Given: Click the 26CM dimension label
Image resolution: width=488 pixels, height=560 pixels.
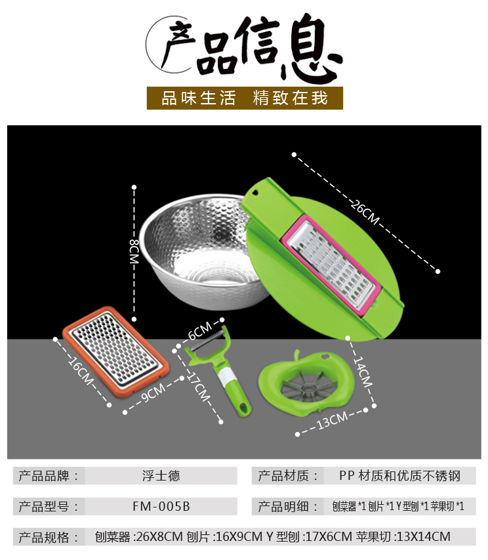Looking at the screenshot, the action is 365,213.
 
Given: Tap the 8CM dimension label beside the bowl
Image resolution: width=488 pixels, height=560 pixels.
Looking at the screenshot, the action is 134,251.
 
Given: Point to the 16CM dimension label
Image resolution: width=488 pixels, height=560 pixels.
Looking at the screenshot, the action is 81,371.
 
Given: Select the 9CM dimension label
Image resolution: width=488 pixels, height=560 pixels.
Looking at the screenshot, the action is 153,393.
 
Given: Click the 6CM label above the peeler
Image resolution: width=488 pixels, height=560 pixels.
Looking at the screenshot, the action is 200,331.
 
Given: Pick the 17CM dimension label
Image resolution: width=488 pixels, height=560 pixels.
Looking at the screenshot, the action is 199,387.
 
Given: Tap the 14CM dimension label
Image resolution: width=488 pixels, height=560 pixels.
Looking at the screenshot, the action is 363,372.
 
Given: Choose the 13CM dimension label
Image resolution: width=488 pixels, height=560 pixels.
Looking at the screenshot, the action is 332,420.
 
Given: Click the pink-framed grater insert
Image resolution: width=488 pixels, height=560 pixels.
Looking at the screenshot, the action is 331,266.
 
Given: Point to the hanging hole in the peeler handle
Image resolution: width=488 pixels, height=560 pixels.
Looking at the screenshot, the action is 243,408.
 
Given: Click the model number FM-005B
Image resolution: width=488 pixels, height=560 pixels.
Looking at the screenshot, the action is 161,506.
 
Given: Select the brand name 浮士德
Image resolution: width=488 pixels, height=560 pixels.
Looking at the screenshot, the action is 161,476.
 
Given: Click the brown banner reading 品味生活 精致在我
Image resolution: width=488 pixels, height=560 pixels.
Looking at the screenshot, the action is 245,98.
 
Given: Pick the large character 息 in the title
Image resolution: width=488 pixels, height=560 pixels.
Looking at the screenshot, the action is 312,48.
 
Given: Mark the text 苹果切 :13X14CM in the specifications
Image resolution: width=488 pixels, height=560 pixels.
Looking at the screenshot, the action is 403,536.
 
